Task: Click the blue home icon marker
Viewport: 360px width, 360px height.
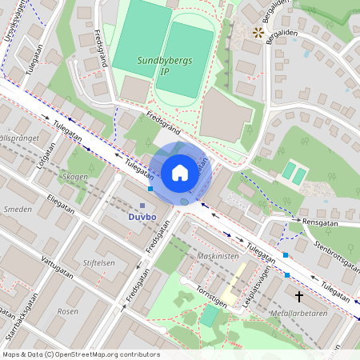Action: (179, 173)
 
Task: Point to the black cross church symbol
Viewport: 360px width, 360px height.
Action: (299, 296)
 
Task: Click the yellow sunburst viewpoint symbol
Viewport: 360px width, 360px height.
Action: (258, 33)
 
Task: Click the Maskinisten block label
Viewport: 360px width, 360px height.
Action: (218, 256)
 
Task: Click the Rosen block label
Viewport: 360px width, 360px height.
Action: (69, 310)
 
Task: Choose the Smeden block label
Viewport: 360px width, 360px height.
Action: (18, 210)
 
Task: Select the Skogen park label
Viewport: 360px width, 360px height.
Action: (74, 176)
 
